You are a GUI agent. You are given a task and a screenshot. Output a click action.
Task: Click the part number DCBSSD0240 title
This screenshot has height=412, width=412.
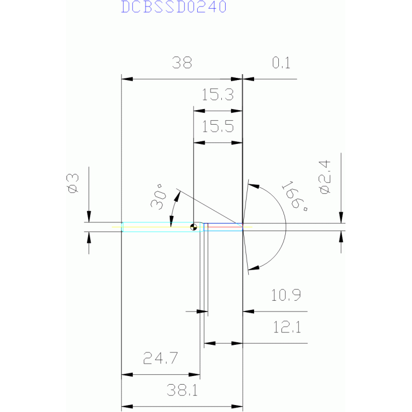174,7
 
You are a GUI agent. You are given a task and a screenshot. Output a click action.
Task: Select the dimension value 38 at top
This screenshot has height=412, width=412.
182,63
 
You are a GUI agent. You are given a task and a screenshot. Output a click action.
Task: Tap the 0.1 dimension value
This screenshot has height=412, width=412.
281,63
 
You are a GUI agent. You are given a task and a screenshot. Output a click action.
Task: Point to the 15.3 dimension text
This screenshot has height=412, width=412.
218,95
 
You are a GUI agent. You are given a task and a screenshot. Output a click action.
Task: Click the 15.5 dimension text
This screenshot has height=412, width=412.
218,127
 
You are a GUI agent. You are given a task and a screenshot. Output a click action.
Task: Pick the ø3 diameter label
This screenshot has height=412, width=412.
73,183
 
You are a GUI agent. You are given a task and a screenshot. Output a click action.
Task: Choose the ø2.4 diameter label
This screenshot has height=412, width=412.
324,177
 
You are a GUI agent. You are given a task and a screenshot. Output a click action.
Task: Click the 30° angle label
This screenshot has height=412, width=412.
158,197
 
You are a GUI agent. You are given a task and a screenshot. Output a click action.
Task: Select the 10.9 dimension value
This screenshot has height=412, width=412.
286,295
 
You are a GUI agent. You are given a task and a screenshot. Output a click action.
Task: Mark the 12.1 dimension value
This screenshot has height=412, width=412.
287,327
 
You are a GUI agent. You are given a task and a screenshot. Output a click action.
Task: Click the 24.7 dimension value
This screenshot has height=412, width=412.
161,358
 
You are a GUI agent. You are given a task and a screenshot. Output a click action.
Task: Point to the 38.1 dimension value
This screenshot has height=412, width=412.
182,390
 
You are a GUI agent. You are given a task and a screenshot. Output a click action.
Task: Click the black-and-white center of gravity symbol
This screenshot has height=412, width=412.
194,227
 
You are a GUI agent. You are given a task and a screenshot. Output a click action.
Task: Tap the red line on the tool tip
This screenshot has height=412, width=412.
225,227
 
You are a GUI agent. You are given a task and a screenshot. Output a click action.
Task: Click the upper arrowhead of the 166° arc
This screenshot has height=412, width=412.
254,186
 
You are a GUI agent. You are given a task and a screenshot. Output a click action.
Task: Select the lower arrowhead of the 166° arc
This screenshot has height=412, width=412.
254,268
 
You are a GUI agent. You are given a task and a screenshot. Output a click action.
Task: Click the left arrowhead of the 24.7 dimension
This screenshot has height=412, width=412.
127,375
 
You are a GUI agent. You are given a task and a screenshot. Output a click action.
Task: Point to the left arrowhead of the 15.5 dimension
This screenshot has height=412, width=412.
199,143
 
